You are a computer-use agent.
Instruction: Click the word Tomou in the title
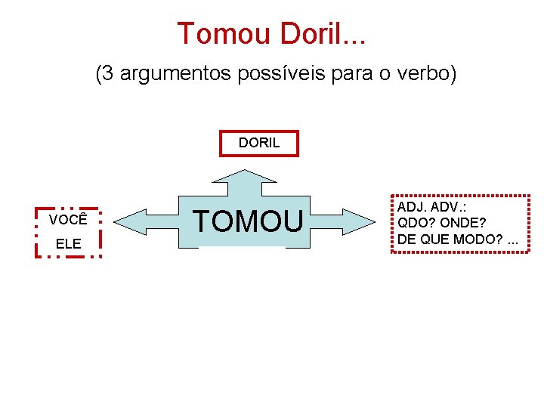pyautogui.click(x=224, y=34)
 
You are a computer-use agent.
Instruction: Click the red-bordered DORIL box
pyautogui.click(x=259, y=143)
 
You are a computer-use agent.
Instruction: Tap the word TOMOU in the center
pyautogui.click(x=249, y=220)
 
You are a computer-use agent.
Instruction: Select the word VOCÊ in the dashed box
pyautogui.click(x=68, y=220)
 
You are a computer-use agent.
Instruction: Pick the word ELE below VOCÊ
pyautogui.click(x=68, y=244)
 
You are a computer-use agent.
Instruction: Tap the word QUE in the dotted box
pyautogui.click(x=432, y=239)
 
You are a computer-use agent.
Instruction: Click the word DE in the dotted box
pyautogui.click(x=406, y=239)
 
